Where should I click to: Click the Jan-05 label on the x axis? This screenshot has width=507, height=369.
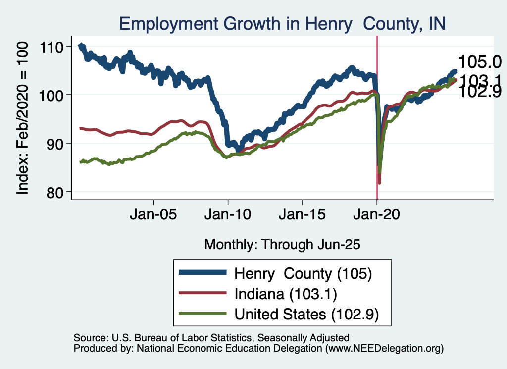pyautogui.click(x=153, y=216)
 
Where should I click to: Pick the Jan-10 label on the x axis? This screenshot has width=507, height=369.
pyautogui.click(x=228, y=216)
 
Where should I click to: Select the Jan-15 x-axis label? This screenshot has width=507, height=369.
pyautogui.click(x=303, y=216)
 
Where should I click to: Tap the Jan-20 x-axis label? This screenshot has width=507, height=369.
pyautogui.click(x=377, y=216)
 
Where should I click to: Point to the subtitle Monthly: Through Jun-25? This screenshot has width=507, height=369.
pyautogui.click(x=282, y=244)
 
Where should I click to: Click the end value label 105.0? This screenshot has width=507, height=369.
pyautogui.click(x=480, y=62)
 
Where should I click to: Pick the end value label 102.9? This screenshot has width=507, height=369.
pyautogui.click(x=480, y=92)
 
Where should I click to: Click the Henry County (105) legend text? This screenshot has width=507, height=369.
pyautogui.click(x=303, y=273)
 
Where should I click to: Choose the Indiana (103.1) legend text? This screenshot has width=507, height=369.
pyautogui.click(x=286, y=294)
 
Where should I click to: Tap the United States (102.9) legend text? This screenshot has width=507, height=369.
pyautogui.click(x=306, y=314)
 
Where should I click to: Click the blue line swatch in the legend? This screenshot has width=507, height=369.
pyautogui.click(x=203, y=273)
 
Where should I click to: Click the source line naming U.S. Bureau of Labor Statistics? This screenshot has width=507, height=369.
pyautogui.click(x=211, y=338)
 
